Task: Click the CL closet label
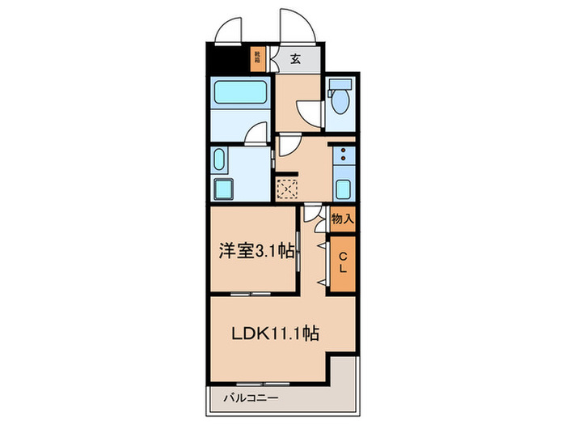click(342, 263)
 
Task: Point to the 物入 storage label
click(343, 219)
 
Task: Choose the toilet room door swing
click(308, 111)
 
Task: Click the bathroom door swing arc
click(258, 132)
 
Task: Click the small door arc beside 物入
click(315, 215)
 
